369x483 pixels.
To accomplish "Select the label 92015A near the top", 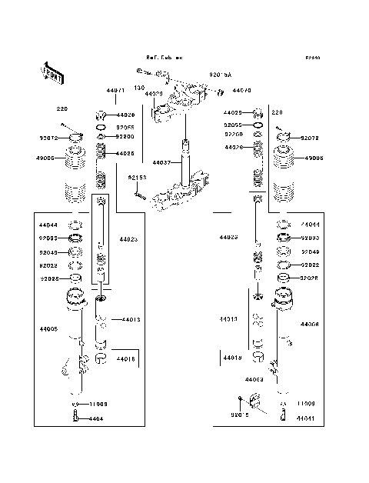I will pyautogui.click(x=221, y=75).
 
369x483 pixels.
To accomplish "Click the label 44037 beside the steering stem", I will pyautogui.click(x=161, y=162).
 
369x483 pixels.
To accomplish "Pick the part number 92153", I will pyautogui.click(x=137, y=178).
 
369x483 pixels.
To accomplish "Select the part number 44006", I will pyautogui.click(x=310, y=325).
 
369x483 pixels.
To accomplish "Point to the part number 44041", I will pyautogui.click(x=306, y=418).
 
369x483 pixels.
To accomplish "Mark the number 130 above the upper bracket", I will pyautogui.click(x=139, y=88).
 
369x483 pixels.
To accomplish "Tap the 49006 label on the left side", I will pyautogui.click(x=45, y=157).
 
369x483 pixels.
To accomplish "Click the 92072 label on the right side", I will pyautogui.click(x=310, y=138).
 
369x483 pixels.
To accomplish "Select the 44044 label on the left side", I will pyautogui.click(x=48, y=225).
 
